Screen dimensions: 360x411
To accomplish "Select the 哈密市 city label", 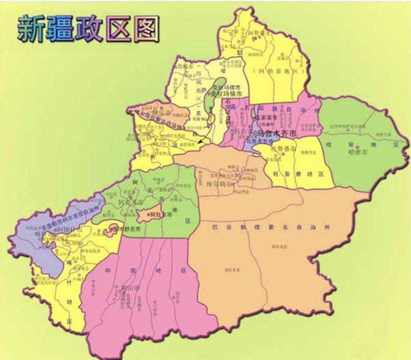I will point(358,152).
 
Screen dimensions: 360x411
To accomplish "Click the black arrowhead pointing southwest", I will point(198,146).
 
